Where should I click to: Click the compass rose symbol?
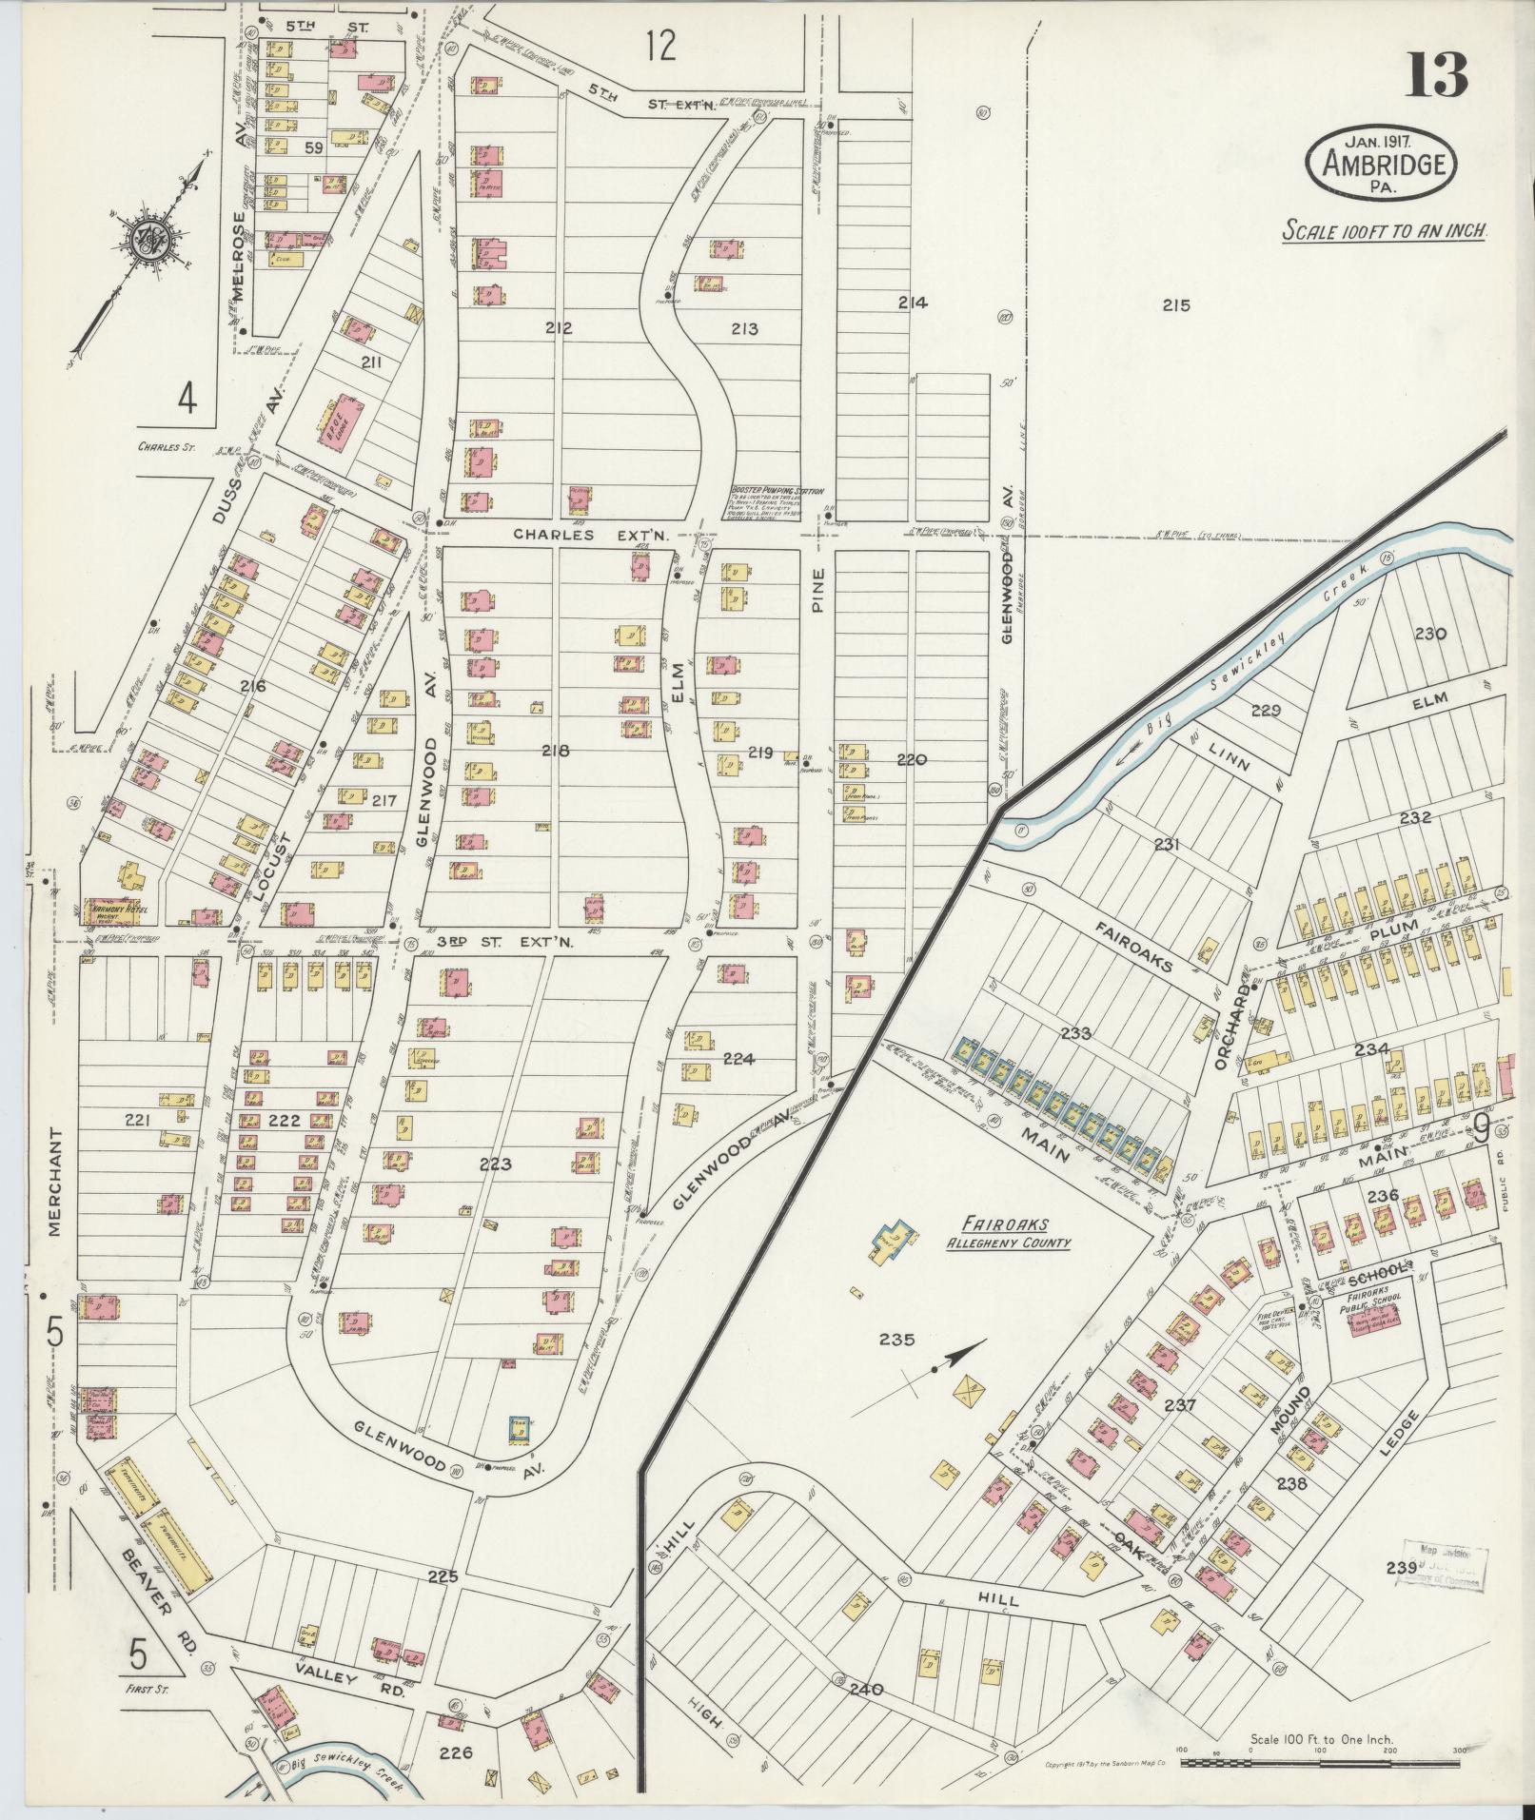149,238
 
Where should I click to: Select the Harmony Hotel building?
114,911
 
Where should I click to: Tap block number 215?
1176,305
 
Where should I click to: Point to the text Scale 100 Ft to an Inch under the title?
1385,230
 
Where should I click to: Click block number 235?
896,1340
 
